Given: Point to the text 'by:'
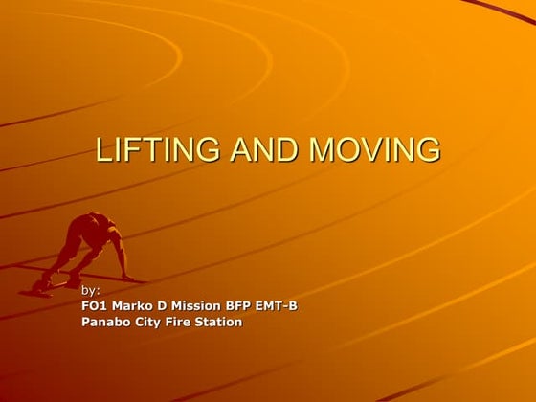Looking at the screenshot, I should (x=91, y=289).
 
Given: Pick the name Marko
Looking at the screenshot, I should (x=134, y=305).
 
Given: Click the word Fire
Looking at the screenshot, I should (x=187, y=322).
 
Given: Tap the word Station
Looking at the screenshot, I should (x=223, y=322).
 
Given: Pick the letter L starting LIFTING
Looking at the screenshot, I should (x=105, y=150).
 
